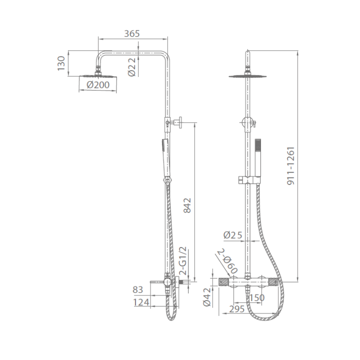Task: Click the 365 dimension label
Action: [x=132, y=34]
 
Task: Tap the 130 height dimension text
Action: [x=61, y=63]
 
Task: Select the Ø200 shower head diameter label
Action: [x=98, y=85]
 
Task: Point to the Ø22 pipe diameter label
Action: [x=132, y=67]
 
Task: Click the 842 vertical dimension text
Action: [x=187, y=205]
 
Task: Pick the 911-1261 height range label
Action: [x=290, y=166]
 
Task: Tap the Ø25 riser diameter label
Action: [x=233, y=235]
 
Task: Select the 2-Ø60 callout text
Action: [x=227, y=261]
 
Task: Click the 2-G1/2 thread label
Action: [x=183, y=261]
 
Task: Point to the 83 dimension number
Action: [x=138, y=289]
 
